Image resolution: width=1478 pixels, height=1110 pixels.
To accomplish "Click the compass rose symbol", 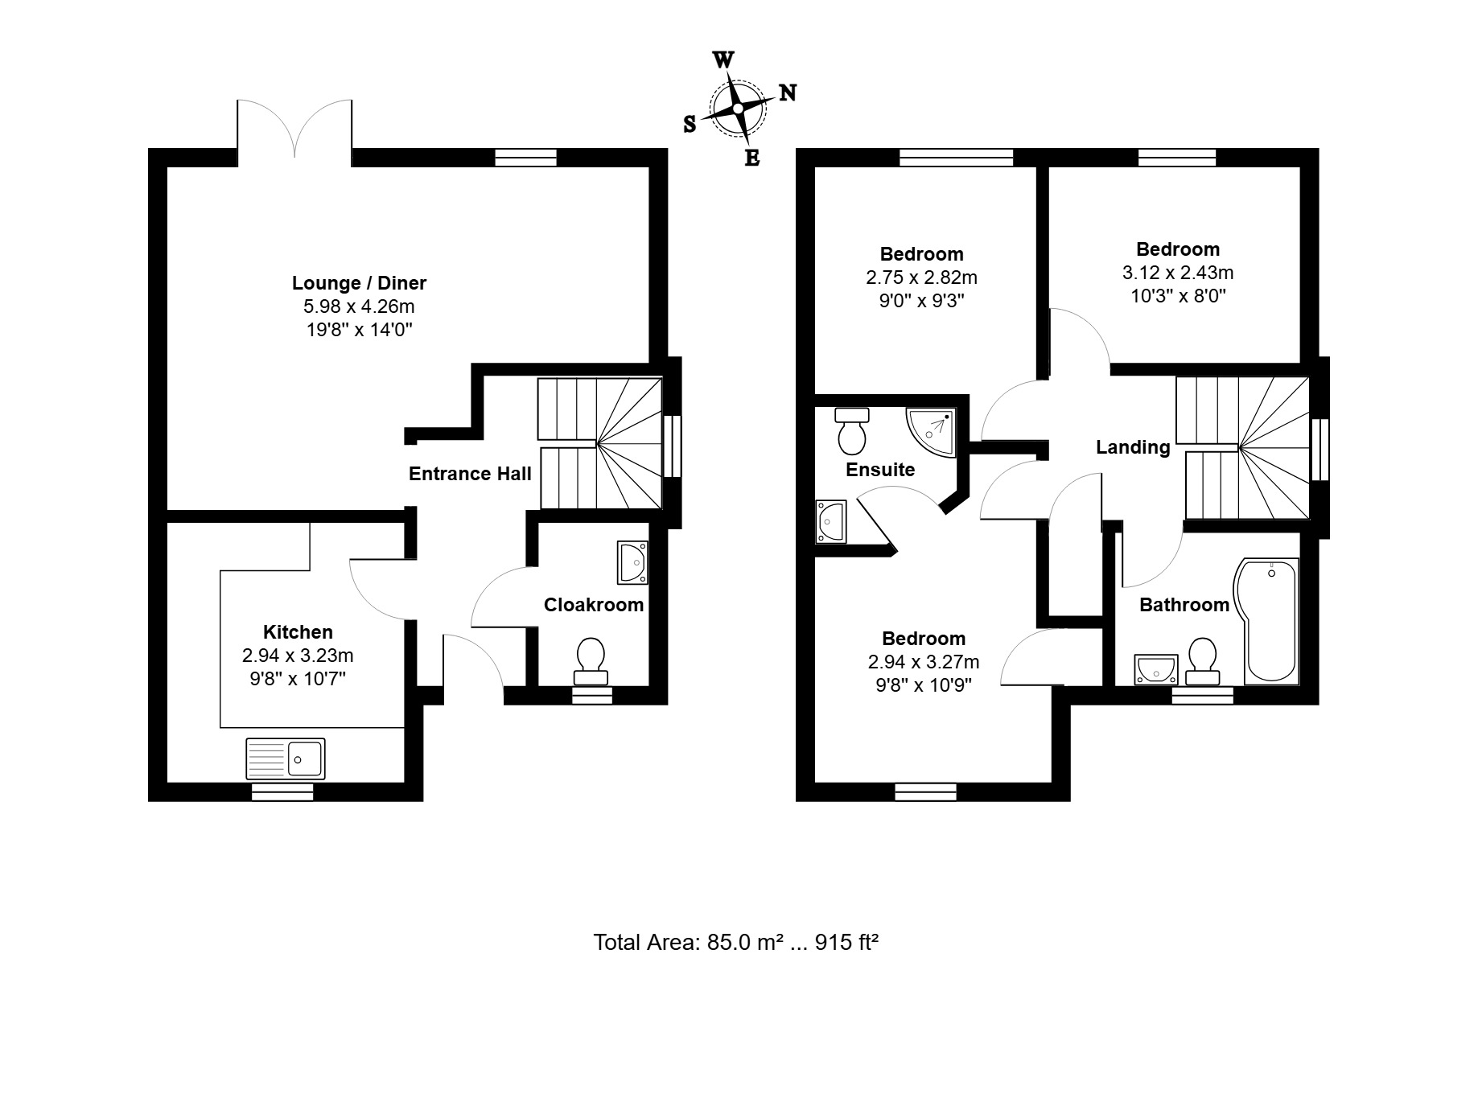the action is [x=736, y=108].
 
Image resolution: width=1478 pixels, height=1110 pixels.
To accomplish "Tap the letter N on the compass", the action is [x=788, y=92].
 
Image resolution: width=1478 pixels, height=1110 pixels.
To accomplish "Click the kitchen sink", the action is [x=286, y=758].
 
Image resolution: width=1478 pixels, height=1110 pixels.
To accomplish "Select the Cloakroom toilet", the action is [x=591, y=662].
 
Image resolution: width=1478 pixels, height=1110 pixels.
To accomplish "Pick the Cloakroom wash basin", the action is [x=632, y=562].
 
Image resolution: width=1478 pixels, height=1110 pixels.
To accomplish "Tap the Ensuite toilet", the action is [x=851, y=430].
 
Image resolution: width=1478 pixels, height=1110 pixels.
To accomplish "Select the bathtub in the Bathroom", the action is [x=1266, y=621].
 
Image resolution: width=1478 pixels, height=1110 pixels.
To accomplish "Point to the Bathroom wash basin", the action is [x=1156, y=669].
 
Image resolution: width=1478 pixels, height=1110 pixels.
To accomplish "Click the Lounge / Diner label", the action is [x=359, y=283].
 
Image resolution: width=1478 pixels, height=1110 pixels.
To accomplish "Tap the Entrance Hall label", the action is [x=470, y=474].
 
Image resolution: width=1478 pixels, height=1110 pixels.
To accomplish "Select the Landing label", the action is [x=1133, y=447].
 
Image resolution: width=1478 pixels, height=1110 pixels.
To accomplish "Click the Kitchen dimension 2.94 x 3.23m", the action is [x=298, y=656].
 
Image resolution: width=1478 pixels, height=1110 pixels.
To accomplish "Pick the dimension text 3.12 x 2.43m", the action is [x=1178, y=273].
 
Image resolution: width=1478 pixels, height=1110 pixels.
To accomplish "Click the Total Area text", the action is [x=735, y=942].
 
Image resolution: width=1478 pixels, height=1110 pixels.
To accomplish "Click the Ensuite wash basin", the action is [x=830, y=521].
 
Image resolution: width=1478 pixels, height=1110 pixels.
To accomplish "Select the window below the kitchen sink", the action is [x=282, y=792].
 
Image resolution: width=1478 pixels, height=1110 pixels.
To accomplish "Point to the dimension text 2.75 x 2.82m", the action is [x=921, y=277].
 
